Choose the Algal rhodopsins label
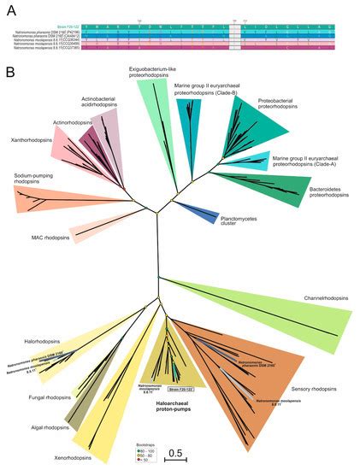pos(62,426)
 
